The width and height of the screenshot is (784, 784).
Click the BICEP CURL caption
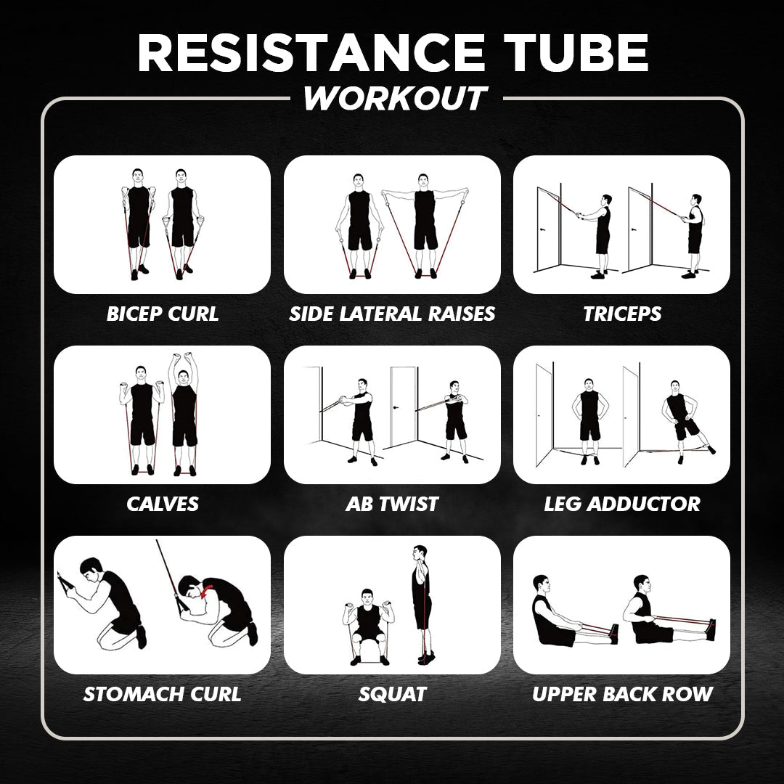[x=163, y=314]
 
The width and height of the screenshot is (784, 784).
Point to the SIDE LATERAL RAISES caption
[x=392, y=314]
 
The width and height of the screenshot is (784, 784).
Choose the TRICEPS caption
[x=622, y=314]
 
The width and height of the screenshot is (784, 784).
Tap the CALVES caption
[x=163, y=504]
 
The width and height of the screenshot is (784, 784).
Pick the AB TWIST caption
[x=392, y=504]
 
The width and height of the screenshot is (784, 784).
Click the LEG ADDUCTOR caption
[x=622, y=504]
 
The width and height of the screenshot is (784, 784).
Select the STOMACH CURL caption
[x=163, y=695]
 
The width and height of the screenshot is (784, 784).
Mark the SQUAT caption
[x=392, y=695]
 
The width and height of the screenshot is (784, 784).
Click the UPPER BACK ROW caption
[x=622, y=695]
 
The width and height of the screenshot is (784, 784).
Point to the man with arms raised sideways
[x=425, y=226]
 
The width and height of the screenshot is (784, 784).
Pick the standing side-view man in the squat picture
[x=422, y=605]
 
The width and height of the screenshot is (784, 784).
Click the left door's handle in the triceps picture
[x=542, y=229]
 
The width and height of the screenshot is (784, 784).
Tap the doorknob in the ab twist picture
[x=396, y=407]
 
